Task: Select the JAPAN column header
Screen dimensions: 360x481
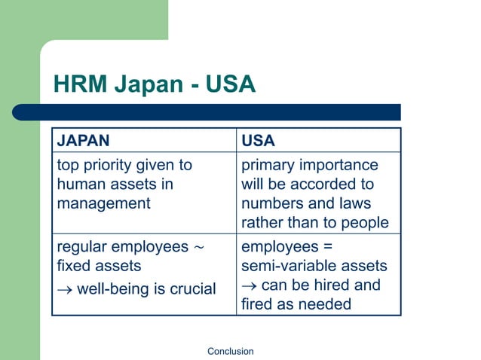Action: [x=83, y=141]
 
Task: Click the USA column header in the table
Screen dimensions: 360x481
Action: [x=259, y=141]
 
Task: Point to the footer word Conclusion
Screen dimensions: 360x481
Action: [x=230, y=351]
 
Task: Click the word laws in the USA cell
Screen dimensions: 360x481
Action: [x=354, y=203]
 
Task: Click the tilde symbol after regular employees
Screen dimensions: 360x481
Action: [x=199, y=247]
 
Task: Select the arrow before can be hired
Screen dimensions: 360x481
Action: [x=249, y=285]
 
